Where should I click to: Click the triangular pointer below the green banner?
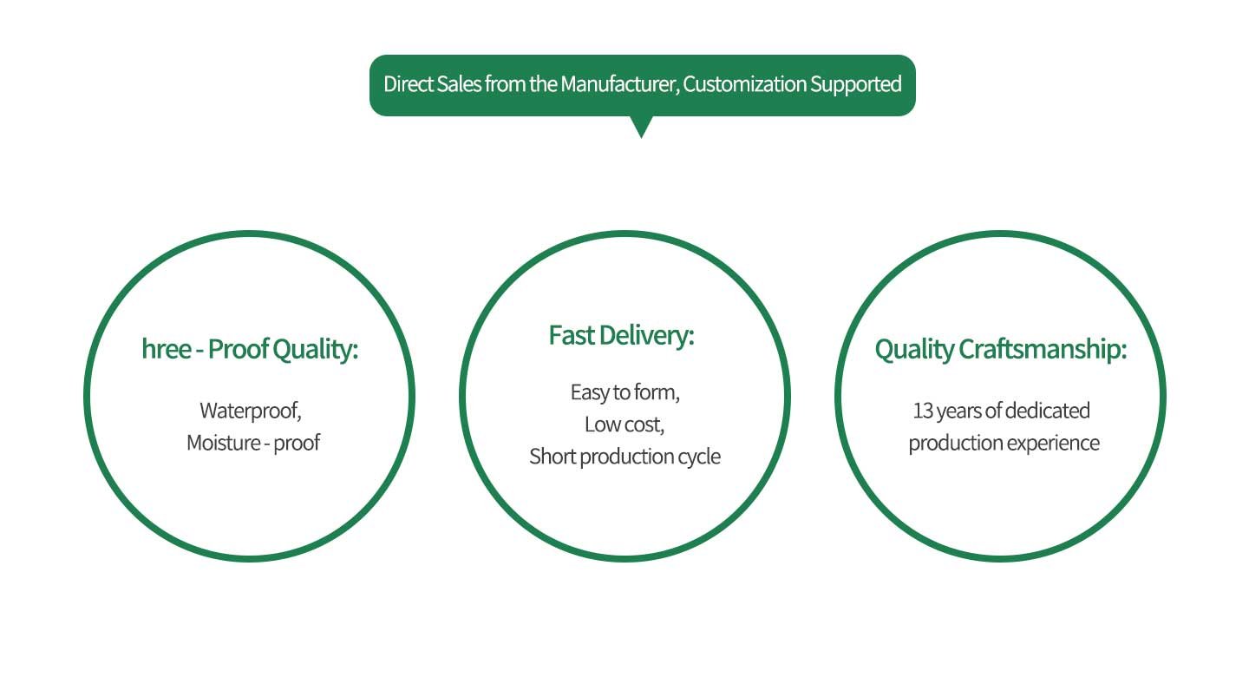tap(641, 127)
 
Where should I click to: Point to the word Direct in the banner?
tap(408, 84)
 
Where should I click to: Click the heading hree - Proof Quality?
tap(250, 350)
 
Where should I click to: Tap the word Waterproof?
tap(250, 410)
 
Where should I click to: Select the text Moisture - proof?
tap(253, 443)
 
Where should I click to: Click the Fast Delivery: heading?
tap(622, 335)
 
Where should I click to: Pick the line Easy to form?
tap(624, 392)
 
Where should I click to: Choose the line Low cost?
tap(624, 424)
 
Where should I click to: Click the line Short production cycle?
tap(624, 457)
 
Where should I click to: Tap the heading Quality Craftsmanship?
tap(1000, 350)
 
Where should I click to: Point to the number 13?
tap(923, 410)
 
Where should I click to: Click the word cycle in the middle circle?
tap(698, 457)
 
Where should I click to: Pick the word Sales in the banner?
tap(458, 84)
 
